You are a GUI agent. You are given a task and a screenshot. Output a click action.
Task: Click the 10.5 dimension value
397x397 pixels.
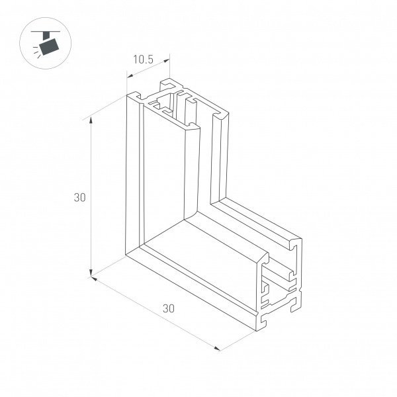pyautogui.click(x=144, y=60)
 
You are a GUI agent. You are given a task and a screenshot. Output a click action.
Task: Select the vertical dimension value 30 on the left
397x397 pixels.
pyautogui.click(x=80, y=197)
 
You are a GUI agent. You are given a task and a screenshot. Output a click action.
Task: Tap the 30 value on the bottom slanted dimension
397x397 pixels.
pyautogui.click(x=168, y=308)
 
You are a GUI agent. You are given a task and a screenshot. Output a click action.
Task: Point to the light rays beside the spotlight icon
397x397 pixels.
pyautogui.click(x=37, y=52)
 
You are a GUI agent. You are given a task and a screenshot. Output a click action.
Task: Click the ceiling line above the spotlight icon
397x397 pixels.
pyautogui.click(x=46, y=32)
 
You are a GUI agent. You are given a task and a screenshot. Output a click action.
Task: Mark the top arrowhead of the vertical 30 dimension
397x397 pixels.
pyautogui.click(x=91, y=121)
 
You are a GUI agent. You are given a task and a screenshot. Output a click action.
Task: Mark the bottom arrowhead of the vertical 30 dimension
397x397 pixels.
pyautogui.click(x=91, y=273)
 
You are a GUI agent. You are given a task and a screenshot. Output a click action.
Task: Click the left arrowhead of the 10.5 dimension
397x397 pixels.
pyautogui.click(x=130, y=75)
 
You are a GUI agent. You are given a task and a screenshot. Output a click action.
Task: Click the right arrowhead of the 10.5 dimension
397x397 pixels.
pyautogui.click(x=166, y=61)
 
